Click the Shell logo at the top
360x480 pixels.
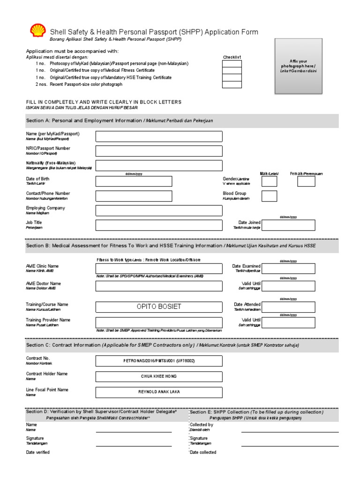point(37,31)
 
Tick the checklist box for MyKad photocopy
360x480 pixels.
point(232,64)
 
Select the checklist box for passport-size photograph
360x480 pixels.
point(232,85)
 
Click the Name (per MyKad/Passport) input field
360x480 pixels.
point(159,136)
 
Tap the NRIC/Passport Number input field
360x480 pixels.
point(159,151)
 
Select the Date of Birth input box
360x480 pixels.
point(134,181)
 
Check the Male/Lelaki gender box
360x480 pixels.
point(269,181)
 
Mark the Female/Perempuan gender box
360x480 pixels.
point(306,181)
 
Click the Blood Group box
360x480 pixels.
point(269,196)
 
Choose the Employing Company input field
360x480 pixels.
point(159,210)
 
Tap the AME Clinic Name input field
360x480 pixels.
point(159,269)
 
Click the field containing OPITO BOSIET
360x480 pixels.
point(159,307)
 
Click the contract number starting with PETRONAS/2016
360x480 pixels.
point(159,361)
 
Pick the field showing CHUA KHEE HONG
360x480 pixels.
point(159,376)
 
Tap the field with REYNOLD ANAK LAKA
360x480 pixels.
point(159,392)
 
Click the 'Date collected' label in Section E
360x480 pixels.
point(203,452)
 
